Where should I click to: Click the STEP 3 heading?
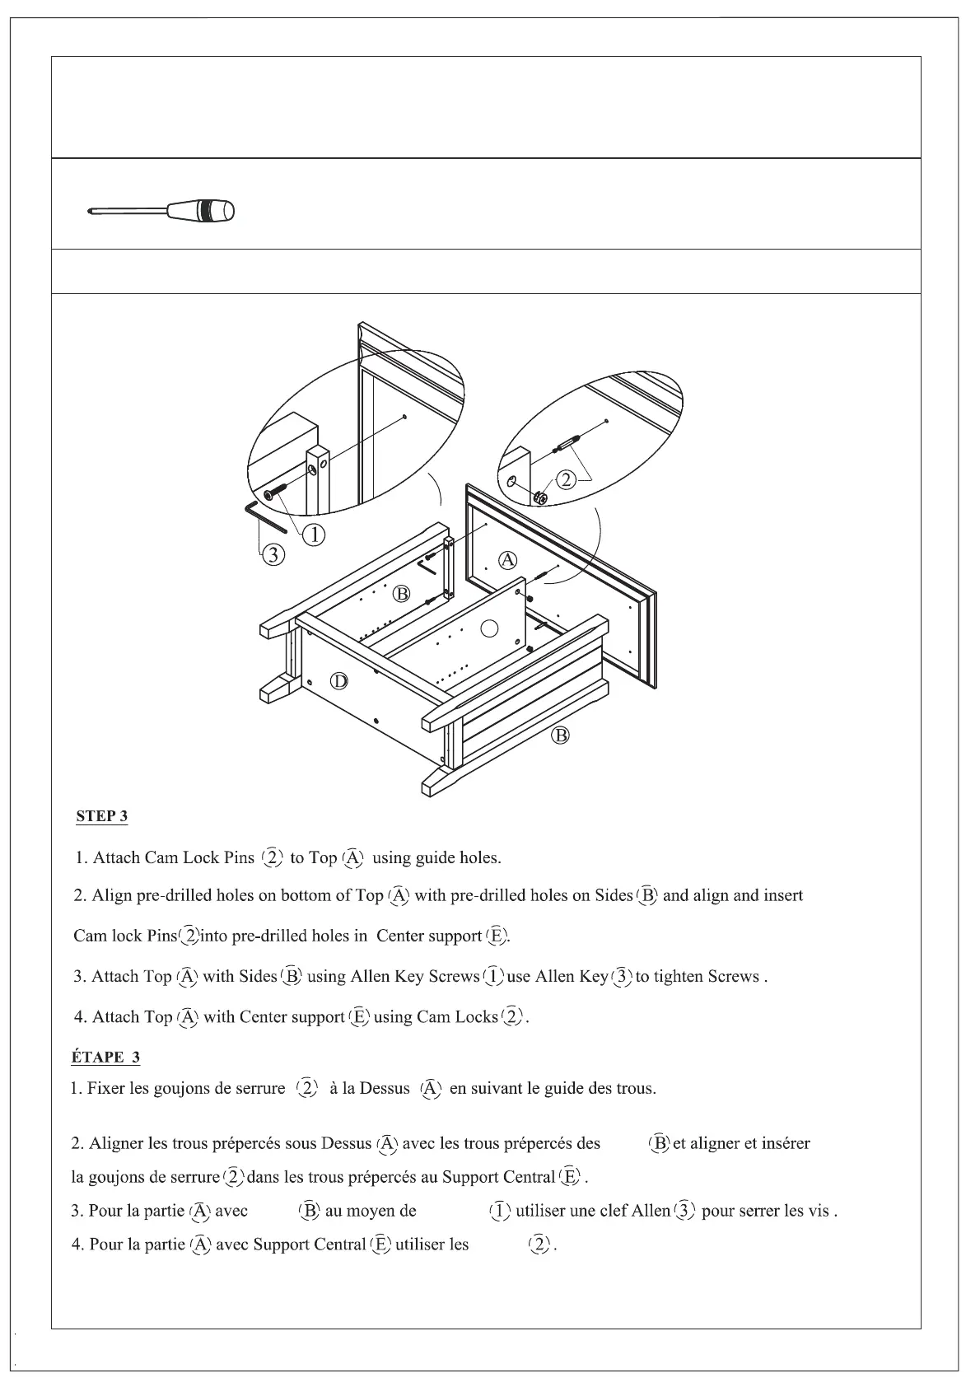point(101,816)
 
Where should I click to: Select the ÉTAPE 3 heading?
point(105,1058)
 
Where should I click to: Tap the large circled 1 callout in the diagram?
point(314,535)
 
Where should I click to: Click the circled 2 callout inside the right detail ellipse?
point(567,479)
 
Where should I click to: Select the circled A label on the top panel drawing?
point(509,560)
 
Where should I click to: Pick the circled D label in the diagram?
point(339,681)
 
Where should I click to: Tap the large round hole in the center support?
point(490,629)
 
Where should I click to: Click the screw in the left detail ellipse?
point(277,493)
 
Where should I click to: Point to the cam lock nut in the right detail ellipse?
point(540,497)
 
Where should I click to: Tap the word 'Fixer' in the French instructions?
point(106,1088)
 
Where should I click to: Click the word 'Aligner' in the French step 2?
point(116,1143)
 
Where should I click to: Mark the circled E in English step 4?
point(359,1017)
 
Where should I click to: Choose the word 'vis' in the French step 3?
point(819,1211)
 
